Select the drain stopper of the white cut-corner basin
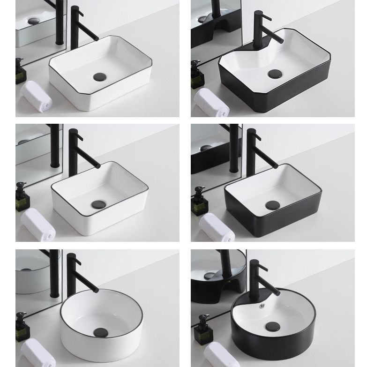pyautogui.click(x=100, y=76)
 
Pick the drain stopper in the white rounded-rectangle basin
pyautogui.click(x=99, y=204)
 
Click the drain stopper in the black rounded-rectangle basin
pyautogui.click(x=272, y=205)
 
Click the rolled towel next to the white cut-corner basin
pyautogui.click(x=37, y=96)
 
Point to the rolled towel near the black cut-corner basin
pyautogui.click(x=211, y=102)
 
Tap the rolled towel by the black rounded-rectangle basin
pyautogui.click(x=216, y=227)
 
